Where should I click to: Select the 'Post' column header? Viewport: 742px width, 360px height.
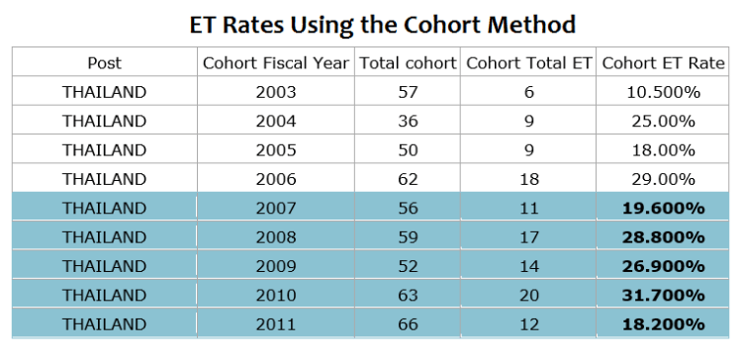pyautogui.click(x=104, y=62)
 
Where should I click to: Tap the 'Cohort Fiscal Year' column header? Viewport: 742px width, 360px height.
pyautogui.click(x=275, y=62)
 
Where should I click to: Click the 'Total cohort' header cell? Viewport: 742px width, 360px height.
pyautogui.click(x=407, y=62)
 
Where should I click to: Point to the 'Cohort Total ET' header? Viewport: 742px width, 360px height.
pyautogui.click(x=528, y=62)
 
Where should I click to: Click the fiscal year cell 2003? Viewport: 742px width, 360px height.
pyautogui.click(x=275, y=92)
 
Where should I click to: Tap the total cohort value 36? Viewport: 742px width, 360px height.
pyautogui.click(x=407, y=121)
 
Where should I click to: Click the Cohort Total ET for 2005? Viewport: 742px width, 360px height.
pyautogui.click(x=528, y=150)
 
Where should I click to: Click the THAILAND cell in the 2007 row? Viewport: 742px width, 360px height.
pyautogui.click(x=104, y=209)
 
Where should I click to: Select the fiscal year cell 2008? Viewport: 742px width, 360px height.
pyautogui.click(x=275, y=237)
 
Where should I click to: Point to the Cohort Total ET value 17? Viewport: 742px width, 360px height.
pyautogui.click(x=528, y=237)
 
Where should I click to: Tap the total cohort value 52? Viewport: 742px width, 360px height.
pyautogui.click(x=407, y=267)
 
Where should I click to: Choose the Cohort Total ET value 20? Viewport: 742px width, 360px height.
pyautogui.click(x=528, y=296)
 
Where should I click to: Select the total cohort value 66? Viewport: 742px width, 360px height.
pyautogui.click(x=407, y=324)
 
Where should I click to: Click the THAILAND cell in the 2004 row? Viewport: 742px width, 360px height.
pyautogui.click(x=104, y=121)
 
